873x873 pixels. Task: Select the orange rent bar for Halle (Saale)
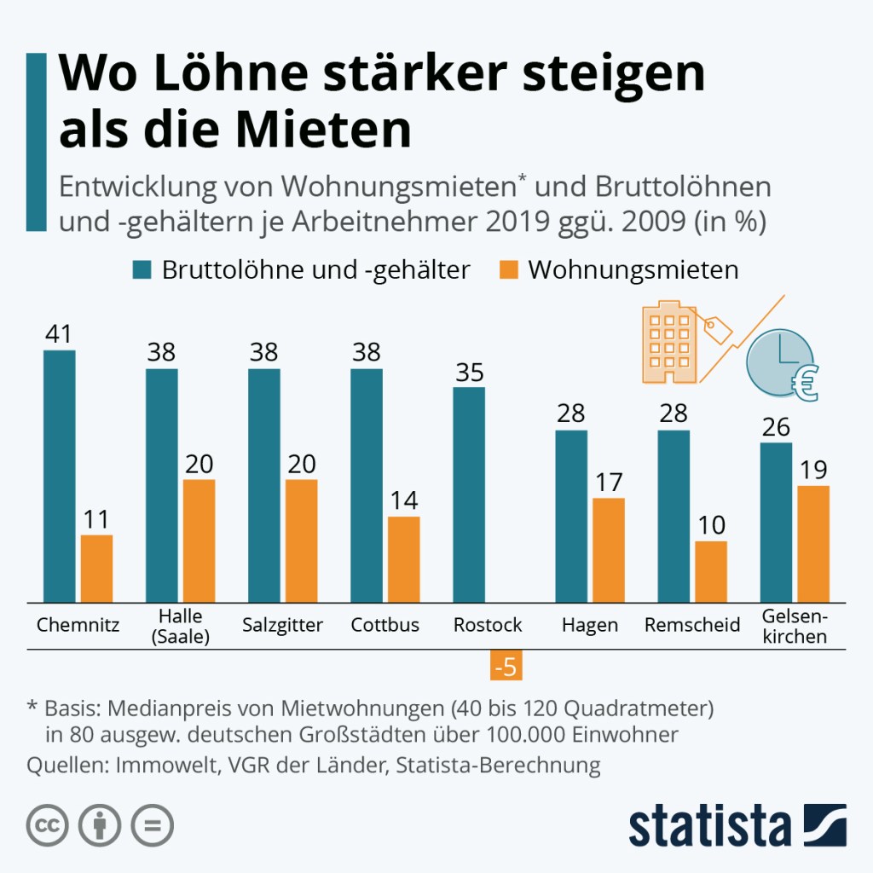pos(198,541)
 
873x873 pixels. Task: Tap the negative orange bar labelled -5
pos(506,666)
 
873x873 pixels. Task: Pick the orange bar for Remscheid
pos(711,571)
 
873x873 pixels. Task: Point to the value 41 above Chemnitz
pos(60,333)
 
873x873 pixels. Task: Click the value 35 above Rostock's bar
pos(469,372)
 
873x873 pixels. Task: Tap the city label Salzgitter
pos(282,625)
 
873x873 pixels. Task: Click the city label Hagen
pos(590,625)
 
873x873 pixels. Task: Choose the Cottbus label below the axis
pos(385,625)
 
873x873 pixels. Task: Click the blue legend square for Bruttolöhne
pos(142,270)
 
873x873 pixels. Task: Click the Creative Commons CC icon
pos(49,824)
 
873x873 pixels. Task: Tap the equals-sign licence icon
pos(152,824)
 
